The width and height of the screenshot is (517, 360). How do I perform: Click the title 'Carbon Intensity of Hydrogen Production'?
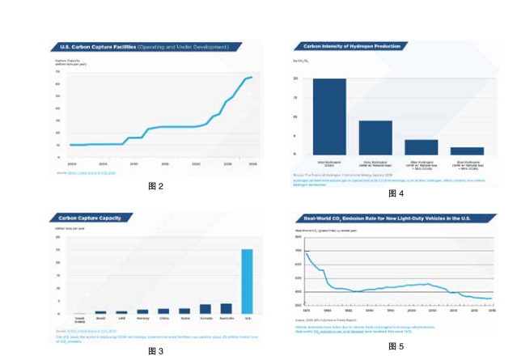[352, 47]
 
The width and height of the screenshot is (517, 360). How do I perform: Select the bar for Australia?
[226, 308]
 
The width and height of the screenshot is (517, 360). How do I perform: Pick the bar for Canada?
[206, 308]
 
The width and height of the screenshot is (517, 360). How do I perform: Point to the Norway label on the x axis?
[142, 319]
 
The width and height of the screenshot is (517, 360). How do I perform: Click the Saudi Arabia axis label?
[79, 320]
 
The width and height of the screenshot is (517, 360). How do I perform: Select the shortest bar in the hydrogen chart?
[467, 150]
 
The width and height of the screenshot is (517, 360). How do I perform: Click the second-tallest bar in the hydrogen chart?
[375, 137]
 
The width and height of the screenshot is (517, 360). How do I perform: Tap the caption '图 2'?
[156, 187]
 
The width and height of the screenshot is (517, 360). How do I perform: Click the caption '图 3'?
[155, 351]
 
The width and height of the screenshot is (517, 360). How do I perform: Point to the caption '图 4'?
[396, 193]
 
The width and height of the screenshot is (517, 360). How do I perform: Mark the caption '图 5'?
[396, 346]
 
